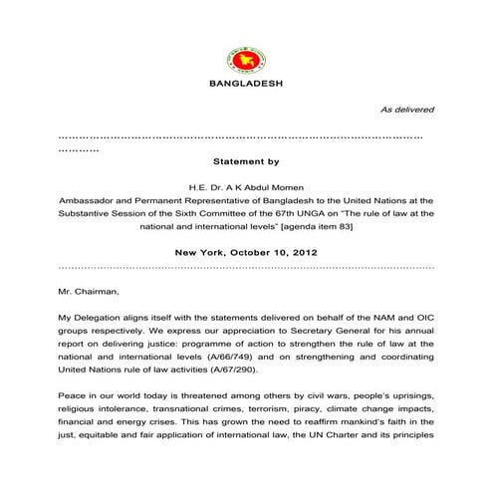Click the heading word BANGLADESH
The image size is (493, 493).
(x=247, y=83)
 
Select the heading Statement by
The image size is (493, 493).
(x=247, y=159)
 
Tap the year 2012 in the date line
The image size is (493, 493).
(x=304, y=253)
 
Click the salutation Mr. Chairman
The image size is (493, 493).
(x=89, y=292)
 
